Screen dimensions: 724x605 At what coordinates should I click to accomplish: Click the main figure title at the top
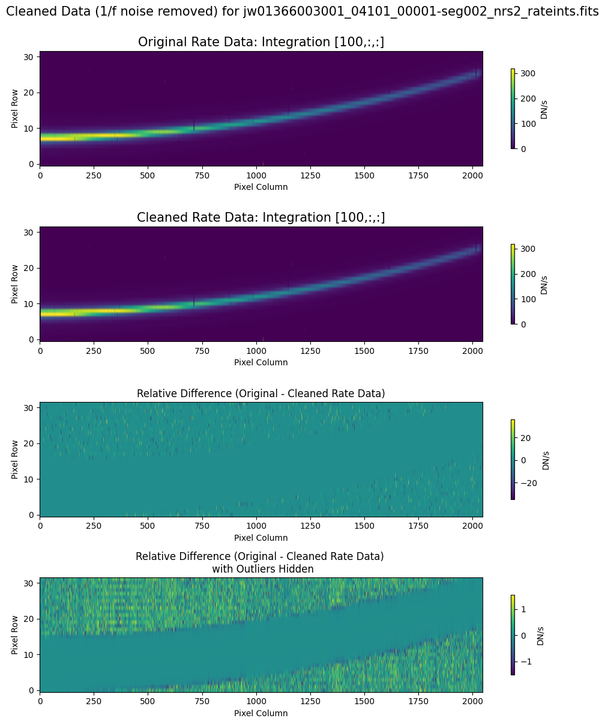302,11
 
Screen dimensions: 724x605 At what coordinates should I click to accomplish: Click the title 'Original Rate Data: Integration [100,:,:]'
261,42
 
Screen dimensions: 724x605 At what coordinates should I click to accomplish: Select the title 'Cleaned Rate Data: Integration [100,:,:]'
261,218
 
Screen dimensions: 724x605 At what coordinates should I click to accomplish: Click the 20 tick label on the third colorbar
525,438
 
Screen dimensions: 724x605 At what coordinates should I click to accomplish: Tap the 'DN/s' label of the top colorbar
544,108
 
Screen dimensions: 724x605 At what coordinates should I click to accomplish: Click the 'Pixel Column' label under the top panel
261,187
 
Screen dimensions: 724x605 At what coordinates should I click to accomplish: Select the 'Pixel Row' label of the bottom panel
15,634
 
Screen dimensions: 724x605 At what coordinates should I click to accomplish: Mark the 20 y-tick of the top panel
29,92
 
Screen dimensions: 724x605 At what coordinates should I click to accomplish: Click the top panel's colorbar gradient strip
513,108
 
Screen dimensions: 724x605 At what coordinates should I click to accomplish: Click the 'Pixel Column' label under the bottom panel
261,713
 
